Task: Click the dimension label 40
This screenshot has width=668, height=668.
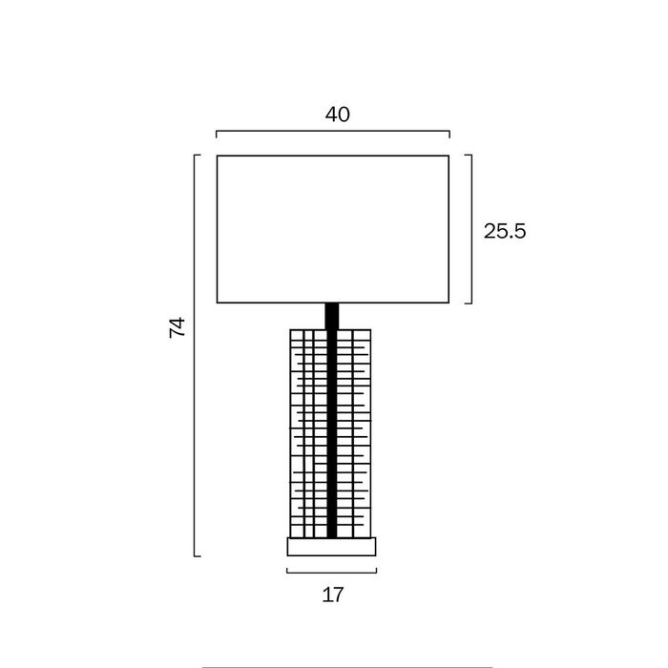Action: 338,115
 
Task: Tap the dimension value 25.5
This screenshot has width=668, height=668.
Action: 505,231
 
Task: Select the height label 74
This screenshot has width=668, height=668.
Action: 177,327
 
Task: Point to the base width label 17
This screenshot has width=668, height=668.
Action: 333,595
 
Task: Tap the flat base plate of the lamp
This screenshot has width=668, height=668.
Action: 331,547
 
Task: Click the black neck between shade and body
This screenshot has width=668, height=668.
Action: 332,316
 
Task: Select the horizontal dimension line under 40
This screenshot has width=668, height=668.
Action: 333,132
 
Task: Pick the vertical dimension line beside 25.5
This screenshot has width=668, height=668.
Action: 471,229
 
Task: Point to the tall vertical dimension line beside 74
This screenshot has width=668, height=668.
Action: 195,355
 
